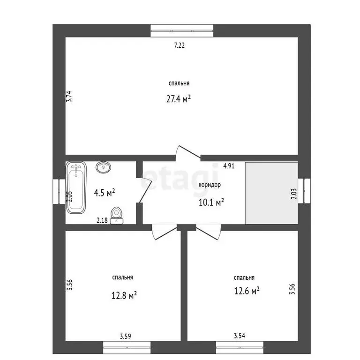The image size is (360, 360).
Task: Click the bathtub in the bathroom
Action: coord(76,187)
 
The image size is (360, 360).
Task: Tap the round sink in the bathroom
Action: coord(104,167)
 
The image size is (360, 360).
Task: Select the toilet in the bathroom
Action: coord(117,215)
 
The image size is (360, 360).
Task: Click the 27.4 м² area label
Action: coord(179,99)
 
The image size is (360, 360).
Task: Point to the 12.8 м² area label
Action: coord(124,295)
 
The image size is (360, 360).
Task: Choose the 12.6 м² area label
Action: coord(247,291)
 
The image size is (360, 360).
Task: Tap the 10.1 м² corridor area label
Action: coord(211,202)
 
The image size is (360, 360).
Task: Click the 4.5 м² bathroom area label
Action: coord(104,193)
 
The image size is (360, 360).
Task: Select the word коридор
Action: coord(210,185)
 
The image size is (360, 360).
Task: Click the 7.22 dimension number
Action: coord(180,45)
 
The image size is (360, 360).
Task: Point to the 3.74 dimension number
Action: coord(69,97)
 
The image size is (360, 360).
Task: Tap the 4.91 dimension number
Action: coord(229,166)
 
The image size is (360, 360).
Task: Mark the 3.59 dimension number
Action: coord(125,337)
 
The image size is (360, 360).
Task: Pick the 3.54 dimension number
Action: coord(240,336)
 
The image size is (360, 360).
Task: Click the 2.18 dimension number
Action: coord(102,220)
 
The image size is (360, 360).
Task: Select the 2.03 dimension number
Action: coord(294,194)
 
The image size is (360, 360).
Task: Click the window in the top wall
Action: coord(182,31)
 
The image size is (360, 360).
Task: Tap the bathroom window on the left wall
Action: coord(59,191)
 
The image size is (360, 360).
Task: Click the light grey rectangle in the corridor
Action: coord(271,193)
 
